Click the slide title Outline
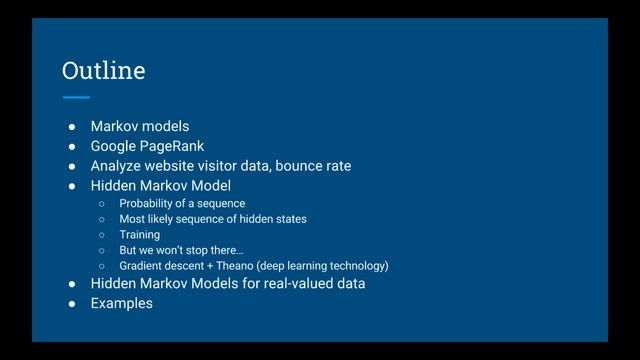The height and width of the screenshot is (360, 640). click(103, 71)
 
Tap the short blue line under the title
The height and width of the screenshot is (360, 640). click(75, 97)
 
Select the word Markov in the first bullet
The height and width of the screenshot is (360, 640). click(113, 126)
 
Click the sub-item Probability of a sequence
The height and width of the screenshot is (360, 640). click(182, 203)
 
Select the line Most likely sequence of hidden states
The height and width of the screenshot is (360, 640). click(213, 219)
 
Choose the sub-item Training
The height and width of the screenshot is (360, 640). click(139, 235)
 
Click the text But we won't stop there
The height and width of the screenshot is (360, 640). click(181, 250)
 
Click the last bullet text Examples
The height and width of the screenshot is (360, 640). click(121, 303)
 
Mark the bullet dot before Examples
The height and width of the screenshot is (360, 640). click(72, 303)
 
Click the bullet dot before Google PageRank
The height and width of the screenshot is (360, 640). click(72, 146)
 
